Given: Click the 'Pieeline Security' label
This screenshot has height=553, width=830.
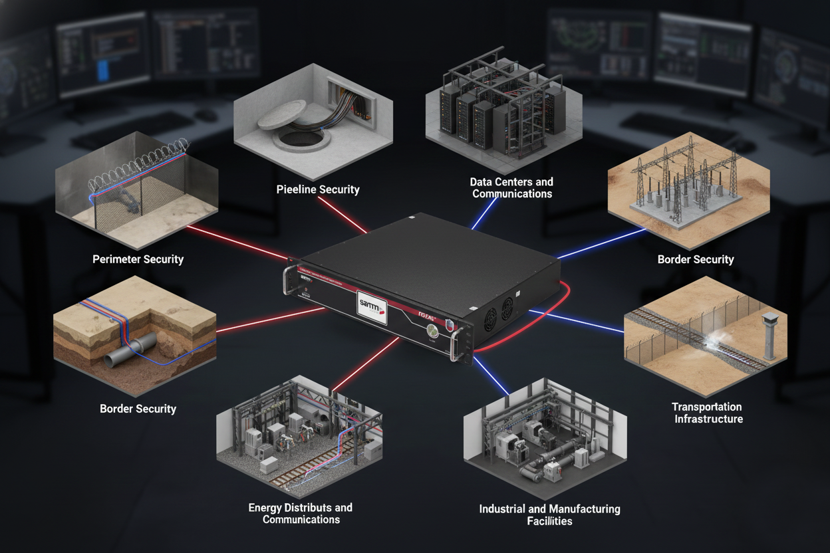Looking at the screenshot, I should pos(318,189).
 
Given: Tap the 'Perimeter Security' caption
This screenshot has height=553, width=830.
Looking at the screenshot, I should pos(138,259).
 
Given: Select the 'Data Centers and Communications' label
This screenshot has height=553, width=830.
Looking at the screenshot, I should pos(511,187).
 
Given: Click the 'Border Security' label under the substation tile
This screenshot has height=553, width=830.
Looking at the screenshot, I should pos(695,259).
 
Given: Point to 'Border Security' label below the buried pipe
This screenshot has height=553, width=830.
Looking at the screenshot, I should pos(138,408).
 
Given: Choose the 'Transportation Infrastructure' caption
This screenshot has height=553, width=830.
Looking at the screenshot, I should pos(706,413).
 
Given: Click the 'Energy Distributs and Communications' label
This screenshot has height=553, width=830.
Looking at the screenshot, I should pos(301,513).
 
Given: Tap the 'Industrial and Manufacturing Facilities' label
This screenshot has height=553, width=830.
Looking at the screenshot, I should pos(549,514).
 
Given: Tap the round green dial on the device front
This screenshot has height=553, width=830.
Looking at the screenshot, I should pos(433,330).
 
